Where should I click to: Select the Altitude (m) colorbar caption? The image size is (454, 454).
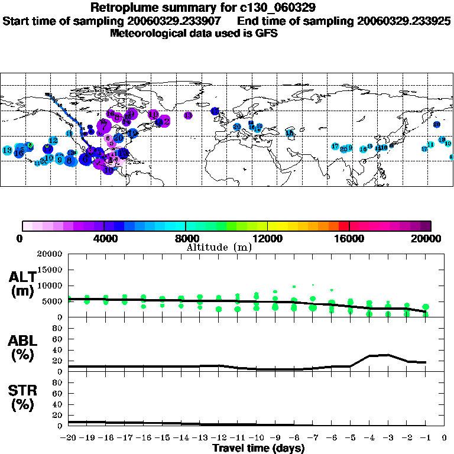[219, 247]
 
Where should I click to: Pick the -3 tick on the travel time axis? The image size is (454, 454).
[388, 439]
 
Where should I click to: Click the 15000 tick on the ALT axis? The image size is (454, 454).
[50, 270]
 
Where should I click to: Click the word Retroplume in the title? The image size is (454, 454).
[119, 8]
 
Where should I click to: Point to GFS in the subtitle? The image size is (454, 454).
[266, 33]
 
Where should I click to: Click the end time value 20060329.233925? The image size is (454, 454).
[404, 21]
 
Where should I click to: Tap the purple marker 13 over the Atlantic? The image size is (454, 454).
[188, 116]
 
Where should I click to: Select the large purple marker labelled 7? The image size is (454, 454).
[104, 126]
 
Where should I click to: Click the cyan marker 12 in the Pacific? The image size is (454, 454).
[53, 141]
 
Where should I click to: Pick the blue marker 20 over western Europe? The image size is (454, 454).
[236, 127]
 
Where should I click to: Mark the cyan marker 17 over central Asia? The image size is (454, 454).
[335, 147]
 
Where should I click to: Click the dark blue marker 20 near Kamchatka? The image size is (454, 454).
[436, 125]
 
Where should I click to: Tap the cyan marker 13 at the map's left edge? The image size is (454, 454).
[8, 151]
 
